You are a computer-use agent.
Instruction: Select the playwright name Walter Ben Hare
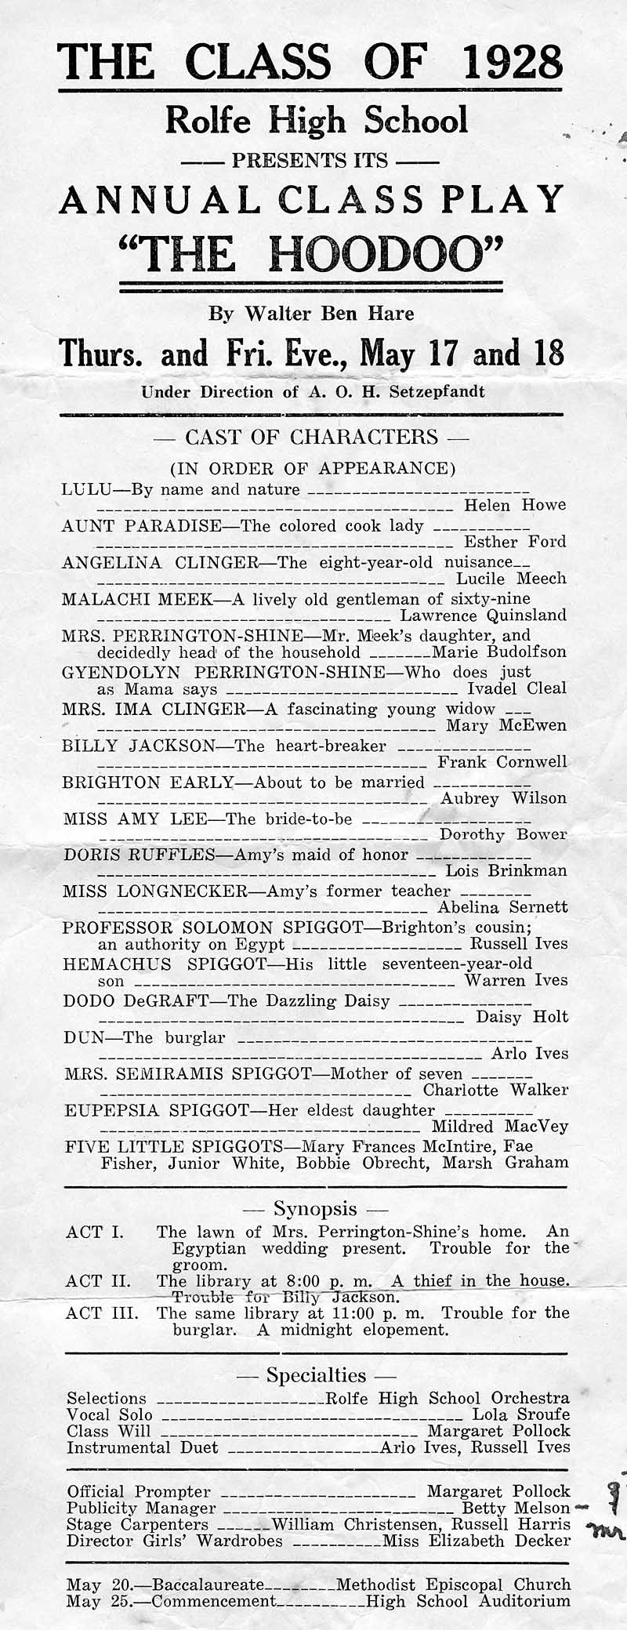[x=330, y=314]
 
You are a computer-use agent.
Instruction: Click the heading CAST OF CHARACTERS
[x=311, y=437]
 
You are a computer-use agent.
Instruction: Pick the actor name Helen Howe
[x=515, y=506]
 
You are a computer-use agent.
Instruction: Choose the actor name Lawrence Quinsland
[x=483, y=615]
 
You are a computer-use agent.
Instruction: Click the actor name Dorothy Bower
[x=502, y=834]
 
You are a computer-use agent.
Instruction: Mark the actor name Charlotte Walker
[x=495, y=1091]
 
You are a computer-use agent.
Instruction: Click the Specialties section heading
[x=316, y=1375]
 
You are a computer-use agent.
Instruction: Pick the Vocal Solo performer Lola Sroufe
[x=520, y=1415]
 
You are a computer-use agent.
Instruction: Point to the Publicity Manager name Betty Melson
[x=516, y=1508]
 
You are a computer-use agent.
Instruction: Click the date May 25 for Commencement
[x=88, y=1601]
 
